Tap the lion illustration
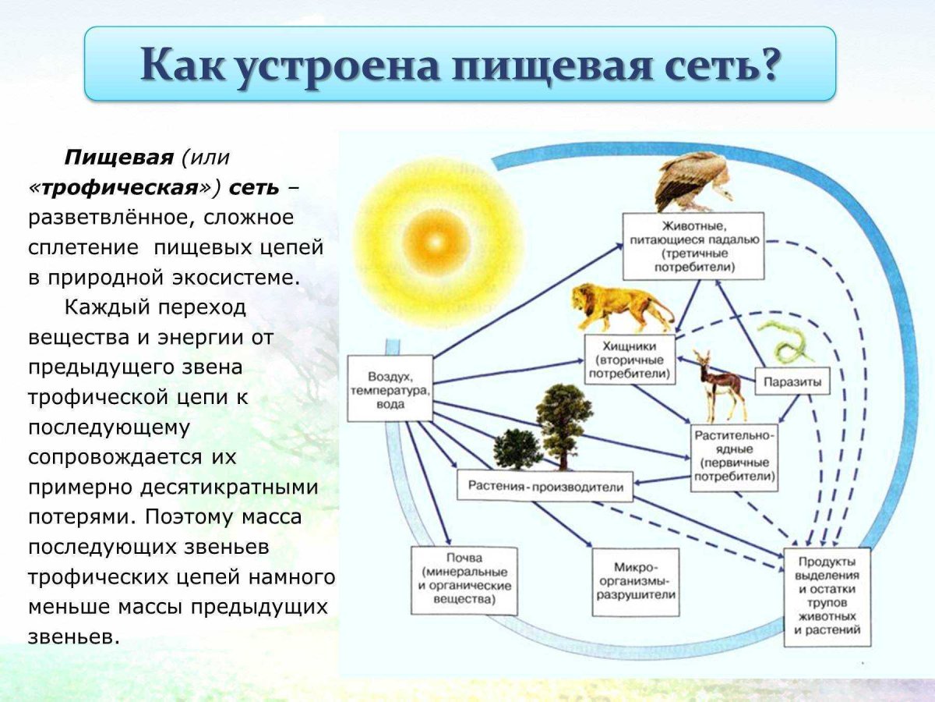pyautogui.click(x=620, y=306)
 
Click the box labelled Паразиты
pyautogui.click(x=792, y=381)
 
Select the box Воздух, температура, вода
pyautogui.click(x=389, y=388)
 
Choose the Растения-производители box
pyautogui.click(x=545, y=487)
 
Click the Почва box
pyautogui.click(x=464, y=580)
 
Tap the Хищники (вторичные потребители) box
pyautogui.click(x=630, y=360)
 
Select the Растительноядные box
pyautogui.click(x=734, y=457)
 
